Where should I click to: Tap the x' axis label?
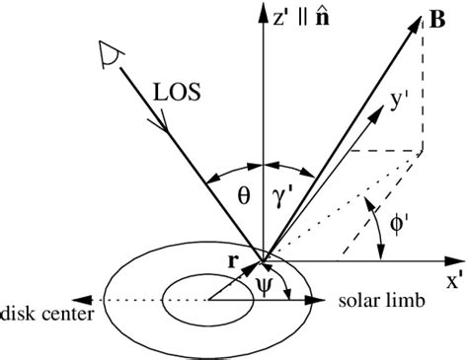[454, 280]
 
